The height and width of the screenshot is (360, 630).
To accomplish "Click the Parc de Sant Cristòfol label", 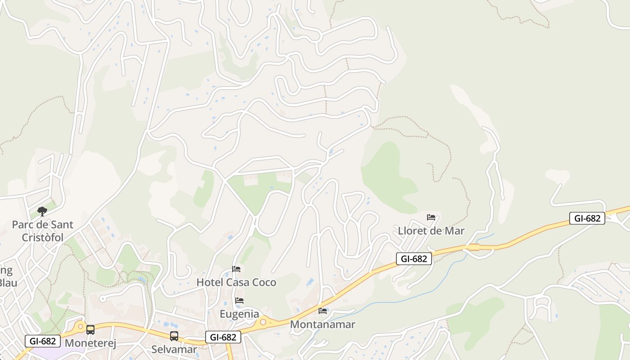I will click(42, 231).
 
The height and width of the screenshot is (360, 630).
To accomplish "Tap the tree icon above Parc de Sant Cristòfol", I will click(42, 211).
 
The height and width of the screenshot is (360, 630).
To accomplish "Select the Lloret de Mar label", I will click(431, 231).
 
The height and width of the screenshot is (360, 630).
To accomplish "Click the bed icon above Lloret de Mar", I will click(431, 217).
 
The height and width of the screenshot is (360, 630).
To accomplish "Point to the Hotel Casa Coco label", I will click(236, 283).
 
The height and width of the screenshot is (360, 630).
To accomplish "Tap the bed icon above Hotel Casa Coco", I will click(236, 269).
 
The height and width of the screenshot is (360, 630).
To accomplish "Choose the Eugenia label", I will click(239, 314).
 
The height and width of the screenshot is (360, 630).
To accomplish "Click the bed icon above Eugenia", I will click(239, 301).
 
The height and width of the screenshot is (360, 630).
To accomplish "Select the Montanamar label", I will click(323, 324).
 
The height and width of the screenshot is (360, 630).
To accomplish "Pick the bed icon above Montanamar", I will click(323, 310).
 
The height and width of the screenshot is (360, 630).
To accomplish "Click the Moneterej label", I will click(90, 343).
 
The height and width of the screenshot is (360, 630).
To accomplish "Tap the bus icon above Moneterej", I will click(90, 330).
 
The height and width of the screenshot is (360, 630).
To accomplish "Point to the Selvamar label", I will click(174, 349).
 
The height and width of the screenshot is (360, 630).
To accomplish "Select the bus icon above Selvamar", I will click(174, 336).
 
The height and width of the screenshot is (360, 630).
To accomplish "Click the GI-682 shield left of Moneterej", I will click(43, 341).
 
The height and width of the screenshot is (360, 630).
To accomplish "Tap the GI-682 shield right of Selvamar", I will click(223, 337).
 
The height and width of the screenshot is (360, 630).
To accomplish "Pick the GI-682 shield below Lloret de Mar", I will click(414, 258).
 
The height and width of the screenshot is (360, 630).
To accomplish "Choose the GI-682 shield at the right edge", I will click(587, 218).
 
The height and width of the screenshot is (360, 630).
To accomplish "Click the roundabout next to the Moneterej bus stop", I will click(81, 326).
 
